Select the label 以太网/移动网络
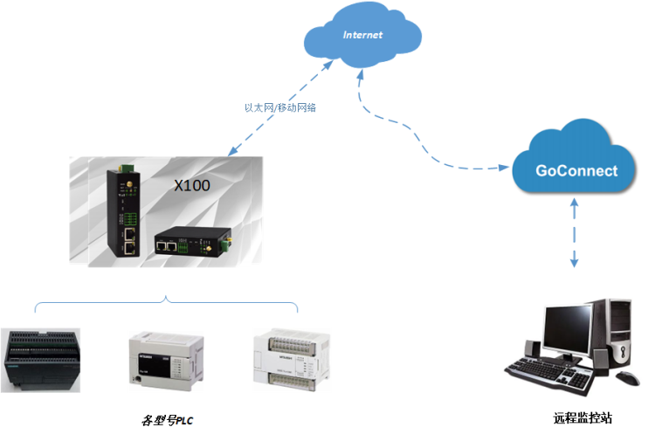(x=279, y=108)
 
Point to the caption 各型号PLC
(x=167, y=420)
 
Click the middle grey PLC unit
(x=164, y=358)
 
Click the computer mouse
(x=627, y=378)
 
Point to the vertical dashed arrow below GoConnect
(x=574, y=231)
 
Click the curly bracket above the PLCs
(x=166, y=303)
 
